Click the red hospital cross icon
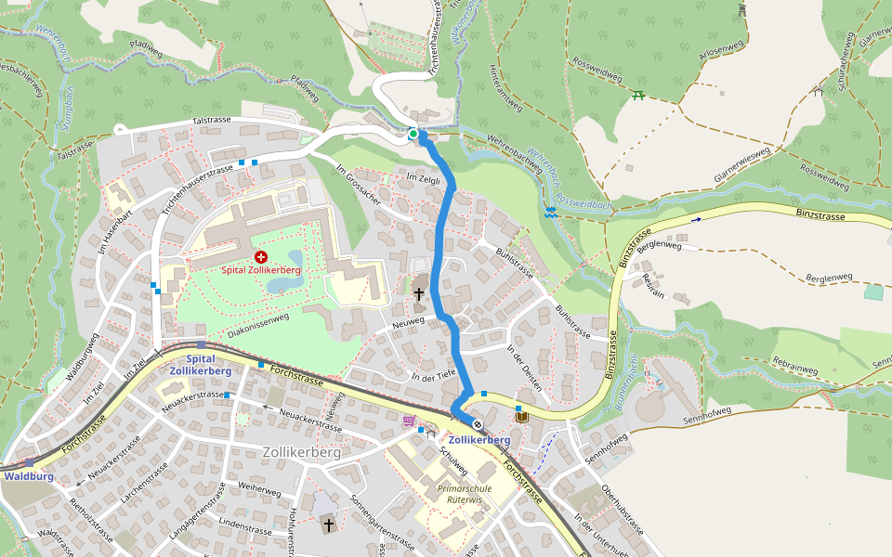pos(260,256)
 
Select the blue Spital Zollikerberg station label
pos(201,365)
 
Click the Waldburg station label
pos(28,476)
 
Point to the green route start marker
pos(413,135)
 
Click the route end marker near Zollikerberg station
pos(478,424)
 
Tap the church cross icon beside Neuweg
pos(418,294)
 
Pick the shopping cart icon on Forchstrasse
pos(408,420)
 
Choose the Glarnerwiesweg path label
pos(729,165)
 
